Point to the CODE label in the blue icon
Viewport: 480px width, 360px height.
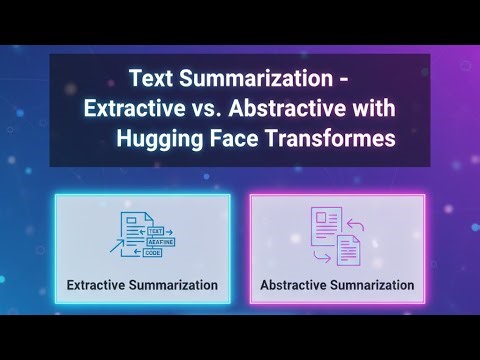click(x=152, y=253)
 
